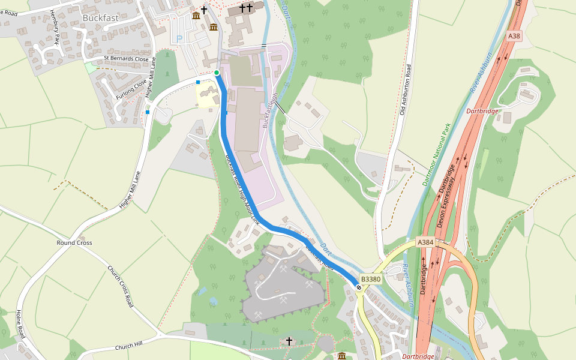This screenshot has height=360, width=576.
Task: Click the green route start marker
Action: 217,73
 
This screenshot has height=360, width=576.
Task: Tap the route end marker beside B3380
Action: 359,288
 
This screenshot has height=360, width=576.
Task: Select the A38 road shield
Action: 514,36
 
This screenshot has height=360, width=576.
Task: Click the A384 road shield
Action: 425,242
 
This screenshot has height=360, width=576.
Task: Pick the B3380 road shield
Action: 371,279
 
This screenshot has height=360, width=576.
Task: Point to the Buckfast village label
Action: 101,18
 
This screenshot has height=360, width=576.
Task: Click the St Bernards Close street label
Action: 125,59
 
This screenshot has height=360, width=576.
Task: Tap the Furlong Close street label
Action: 131,88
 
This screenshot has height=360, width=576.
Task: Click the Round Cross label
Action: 74,243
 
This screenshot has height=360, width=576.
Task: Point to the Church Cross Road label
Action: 119,287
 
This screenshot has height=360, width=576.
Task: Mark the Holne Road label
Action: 20,325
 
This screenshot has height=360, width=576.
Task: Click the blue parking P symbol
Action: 179,39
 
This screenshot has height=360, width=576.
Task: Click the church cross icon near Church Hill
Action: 289,341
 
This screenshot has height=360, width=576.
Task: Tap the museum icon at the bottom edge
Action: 342,356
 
